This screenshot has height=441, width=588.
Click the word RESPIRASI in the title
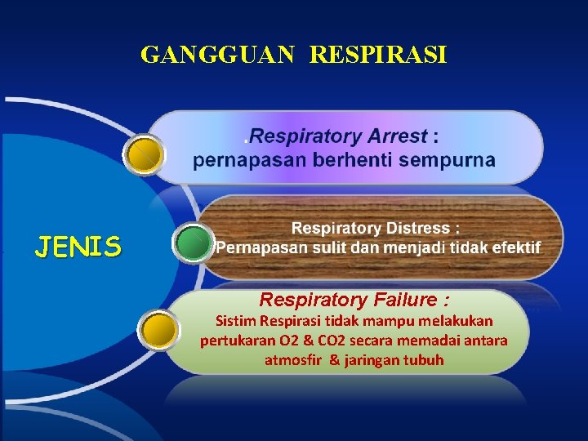click(379, 56)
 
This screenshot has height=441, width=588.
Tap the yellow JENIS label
click(78, 246)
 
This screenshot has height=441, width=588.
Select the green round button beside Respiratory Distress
click(194, 243)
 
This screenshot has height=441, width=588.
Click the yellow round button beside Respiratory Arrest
click(146, 154)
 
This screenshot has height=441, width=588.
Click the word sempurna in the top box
click(455, 160)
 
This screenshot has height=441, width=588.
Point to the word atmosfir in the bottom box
click(295, 359)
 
